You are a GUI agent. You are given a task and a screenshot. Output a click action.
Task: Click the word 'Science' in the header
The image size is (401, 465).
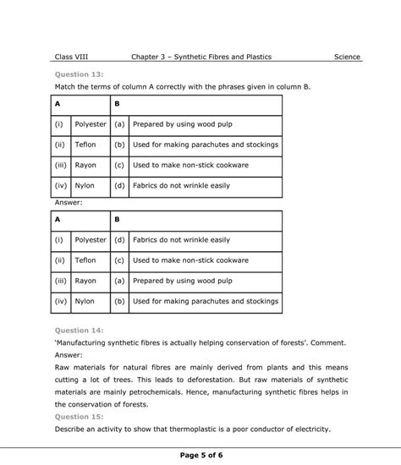click(347, 57)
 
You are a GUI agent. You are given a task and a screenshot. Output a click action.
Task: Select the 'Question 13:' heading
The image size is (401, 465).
click(79, 74)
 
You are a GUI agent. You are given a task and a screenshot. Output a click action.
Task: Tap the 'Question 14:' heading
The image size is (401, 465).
click(79, 331)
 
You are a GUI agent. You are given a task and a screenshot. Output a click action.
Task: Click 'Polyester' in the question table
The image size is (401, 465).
click(91, 123)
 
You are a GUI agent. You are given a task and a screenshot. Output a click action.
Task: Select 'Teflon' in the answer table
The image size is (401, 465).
click(85, 260)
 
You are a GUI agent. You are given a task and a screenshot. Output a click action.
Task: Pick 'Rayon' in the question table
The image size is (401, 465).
click(85, 165)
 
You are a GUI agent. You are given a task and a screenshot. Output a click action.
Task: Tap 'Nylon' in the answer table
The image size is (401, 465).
click(85, 300)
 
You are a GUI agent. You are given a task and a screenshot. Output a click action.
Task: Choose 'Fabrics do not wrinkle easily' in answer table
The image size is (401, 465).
click(181, 240)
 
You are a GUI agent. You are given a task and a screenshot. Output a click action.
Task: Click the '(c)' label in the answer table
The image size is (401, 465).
click(120, 260)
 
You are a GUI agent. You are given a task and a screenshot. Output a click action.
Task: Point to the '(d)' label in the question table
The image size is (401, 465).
click(120, 186)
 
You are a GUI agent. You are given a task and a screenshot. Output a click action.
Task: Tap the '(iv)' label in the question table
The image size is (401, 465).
click(61, 186)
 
